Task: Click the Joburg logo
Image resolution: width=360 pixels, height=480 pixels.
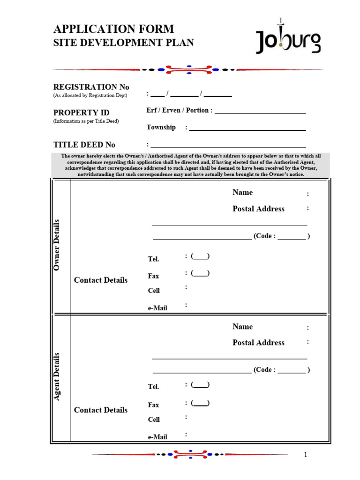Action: click(288, 39)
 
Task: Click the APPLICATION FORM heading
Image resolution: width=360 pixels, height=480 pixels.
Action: click(113, 29)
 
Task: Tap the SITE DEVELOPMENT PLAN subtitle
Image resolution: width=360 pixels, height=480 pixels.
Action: click(123, 43)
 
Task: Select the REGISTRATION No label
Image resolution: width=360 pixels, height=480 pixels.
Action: click(91, 87)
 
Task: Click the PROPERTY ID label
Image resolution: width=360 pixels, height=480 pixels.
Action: click(81, 112)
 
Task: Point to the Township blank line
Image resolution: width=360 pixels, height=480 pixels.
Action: click(247, 129)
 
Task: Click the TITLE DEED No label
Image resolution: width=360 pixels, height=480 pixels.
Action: click(84, 144)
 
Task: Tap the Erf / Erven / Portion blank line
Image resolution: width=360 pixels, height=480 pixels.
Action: click(260, 112)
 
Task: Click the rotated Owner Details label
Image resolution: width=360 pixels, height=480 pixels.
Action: click(57, 245)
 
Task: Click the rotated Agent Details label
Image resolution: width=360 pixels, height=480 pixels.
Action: click(57, 376)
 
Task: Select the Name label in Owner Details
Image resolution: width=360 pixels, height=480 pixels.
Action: click(242, 192)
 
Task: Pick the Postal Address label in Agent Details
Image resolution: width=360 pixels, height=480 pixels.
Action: click(258, 343)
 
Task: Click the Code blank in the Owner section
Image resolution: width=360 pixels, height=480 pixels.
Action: click(292, 238)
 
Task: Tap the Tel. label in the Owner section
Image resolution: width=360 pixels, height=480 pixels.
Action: click(153, 259)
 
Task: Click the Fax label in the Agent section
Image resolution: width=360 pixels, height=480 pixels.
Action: click(153, 405)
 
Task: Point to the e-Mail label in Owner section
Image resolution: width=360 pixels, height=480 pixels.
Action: click(157, 308)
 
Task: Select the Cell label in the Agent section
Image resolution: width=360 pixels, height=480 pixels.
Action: click(154, 420)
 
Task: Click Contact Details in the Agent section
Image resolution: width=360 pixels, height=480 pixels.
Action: click(101, 410)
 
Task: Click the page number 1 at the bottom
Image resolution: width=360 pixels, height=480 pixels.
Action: click(305, 454)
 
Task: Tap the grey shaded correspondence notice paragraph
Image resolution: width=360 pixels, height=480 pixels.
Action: click(191, 165)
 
